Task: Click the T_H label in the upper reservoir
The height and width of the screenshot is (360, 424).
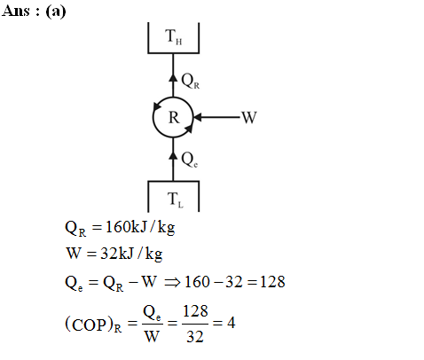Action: [x=174, y=36]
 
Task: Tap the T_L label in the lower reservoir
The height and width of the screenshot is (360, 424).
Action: [x=176, y=200]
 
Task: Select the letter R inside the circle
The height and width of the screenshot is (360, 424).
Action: [x=174, y=118]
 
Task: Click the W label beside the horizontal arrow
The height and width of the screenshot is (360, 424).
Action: [x=249, y=117]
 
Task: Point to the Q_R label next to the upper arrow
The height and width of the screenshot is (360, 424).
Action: [x=191, y=81]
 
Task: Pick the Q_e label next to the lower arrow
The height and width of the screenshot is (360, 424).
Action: [x=190, y=160]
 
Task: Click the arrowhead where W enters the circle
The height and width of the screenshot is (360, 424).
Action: [x=197, y=117]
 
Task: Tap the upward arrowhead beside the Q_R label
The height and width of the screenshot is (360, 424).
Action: [x=173, y=77]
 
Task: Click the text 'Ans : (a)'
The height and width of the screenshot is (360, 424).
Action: [x=34, y=12]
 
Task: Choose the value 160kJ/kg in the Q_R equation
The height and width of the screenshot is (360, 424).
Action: [x=140, y=228]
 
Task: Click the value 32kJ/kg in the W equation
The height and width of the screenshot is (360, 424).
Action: [x=131, y=254]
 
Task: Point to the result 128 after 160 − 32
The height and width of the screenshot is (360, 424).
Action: [x=272, y=282]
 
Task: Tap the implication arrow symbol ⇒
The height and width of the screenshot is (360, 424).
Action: [x=172, y=282]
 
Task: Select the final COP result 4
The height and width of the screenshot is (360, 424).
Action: [x=232, y=323]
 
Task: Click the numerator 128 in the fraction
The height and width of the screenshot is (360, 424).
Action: [x=195, y=311]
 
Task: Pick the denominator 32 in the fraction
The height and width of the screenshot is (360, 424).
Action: [x=195, y=336]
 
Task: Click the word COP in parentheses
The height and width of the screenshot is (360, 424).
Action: [x=89, y=325]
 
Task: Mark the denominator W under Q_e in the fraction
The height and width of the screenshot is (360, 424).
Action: [x=152, y=336]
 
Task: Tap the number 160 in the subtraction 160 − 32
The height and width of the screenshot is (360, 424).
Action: [x=197, y=282]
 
